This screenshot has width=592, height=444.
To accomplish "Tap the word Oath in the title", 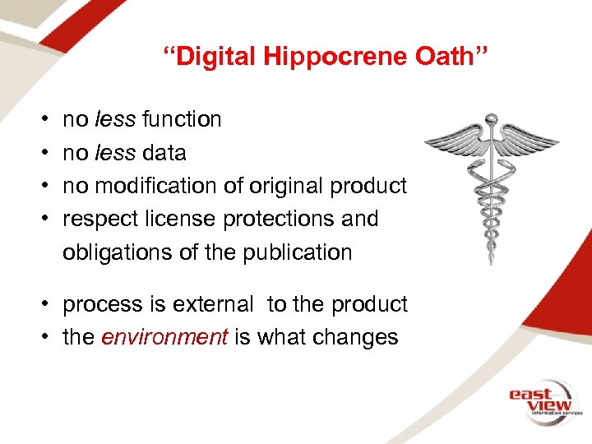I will point(457,57).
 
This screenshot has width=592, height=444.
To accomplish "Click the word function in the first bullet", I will point(182,119).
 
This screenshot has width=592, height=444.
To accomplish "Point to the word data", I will point(164,153).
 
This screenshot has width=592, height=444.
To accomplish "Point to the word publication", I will point(297,252).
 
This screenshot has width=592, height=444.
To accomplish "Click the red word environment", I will point(164,337).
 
